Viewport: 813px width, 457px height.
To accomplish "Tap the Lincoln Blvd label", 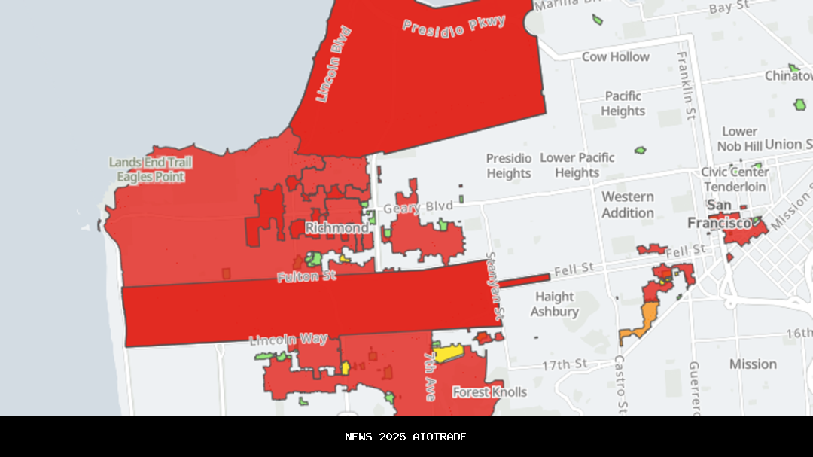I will pos(333,65).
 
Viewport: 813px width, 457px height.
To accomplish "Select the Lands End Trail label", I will pos(151,163).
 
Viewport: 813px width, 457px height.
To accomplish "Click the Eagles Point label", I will pos(151,177).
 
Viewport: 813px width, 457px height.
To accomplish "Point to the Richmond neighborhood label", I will pos(336,227).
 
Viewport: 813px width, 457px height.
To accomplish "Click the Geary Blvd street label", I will pos(419,206).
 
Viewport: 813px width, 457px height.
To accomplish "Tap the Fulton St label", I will pos(306,276).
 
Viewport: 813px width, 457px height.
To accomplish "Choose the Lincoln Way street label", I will pos(288,340).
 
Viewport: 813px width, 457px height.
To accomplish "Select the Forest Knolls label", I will pos(489,392).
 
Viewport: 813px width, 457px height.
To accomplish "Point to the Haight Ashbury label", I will pos(555,304).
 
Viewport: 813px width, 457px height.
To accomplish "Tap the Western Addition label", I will pos(628,205).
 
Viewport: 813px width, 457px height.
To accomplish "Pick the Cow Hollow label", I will pos(615,57).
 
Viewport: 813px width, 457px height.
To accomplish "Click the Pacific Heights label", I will pos(623,104).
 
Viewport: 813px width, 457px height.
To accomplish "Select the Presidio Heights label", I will pos(509,166).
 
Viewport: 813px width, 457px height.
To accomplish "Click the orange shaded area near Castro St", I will pos(644,320).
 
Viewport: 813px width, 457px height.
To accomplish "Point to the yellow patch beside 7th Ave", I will pos(447,353).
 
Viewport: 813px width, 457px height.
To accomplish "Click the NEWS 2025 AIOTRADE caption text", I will pos(406,437).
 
